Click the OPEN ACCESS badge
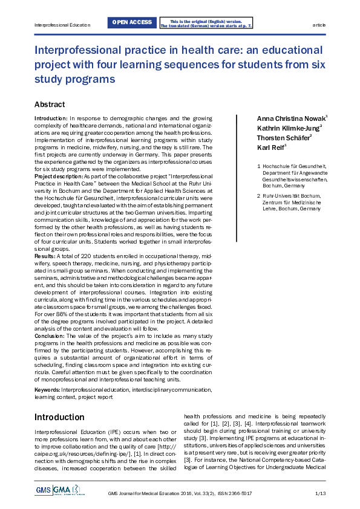pyautogui.click(x=132, y=23)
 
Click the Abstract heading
pyautogui.click(x=50, y=105)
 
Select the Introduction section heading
pyautogui.click(x=59, y=417)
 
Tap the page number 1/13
pyautogui.click(x=320, y=494)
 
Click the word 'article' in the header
pyautogui.click(x=319, y=25)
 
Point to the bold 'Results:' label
pyautogui.click(x=44, y=256)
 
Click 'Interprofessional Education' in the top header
pyautogui.click(x=62, y=25)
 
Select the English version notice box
pyautogui.click(x=206, y=23)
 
